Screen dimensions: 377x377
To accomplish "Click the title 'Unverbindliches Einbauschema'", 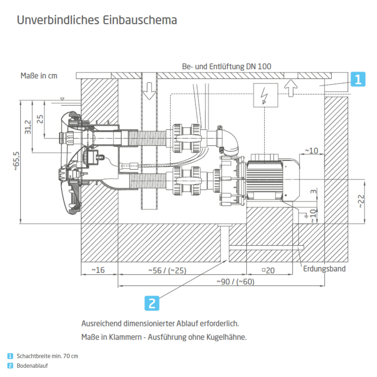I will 97,20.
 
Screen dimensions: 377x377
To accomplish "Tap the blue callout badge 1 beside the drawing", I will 358,79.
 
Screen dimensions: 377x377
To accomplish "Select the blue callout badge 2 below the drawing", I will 152,303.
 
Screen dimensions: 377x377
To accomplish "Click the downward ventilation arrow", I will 149,91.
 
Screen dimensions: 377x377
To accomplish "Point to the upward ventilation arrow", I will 291,88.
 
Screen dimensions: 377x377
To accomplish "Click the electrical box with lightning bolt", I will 266,95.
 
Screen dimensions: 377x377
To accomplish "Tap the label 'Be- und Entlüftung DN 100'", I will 226,66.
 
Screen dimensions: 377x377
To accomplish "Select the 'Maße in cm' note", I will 39,76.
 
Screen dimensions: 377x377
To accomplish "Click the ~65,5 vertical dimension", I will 16,161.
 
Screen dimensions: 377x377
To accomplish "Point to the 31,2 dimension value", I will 28,127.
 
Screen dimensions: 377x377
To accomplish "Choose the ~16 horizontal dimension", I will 98,270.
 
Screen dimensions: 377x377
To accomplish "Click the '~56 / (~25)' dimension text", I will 167,270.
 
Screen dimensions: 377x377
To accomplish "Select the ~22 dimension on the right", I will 361,201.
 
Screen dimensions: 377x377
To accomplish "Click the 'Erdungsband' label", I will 324,269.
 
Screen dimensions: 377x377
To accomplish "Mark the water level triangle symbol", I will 62,99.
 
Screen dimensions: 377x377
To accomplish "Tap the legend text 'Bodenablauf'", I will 32,366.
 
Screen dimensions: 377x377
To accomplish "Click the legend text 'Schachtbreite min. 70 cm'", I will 47,356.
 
